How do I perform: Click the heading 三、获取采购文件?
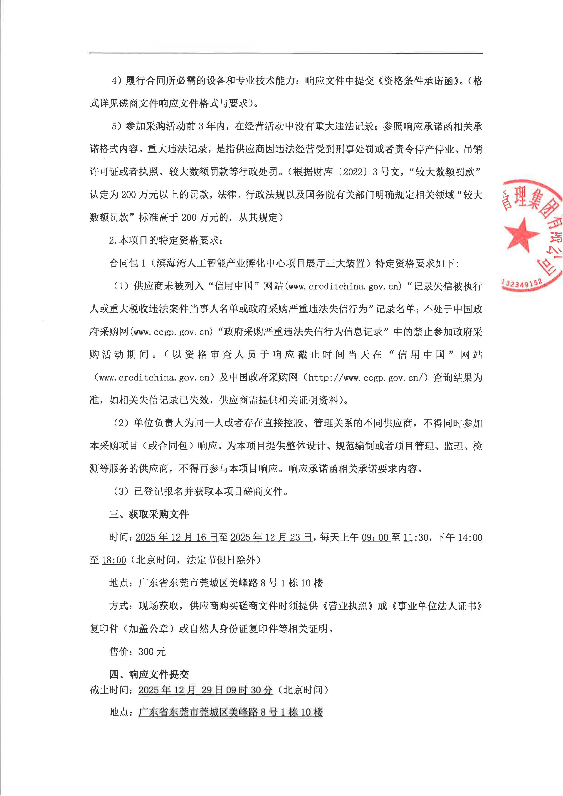point(149,514)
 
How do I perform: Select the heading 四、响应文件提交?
point(149,674)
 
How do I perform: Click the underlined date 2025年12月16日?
point(176,537)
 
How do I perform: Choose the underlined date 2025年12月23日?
point(271,537)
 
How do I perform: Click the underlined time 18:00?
point(114,560)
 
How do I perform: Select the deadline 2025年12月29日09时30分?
point(206,690)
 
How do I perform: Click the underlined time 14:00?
point(470,537)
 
